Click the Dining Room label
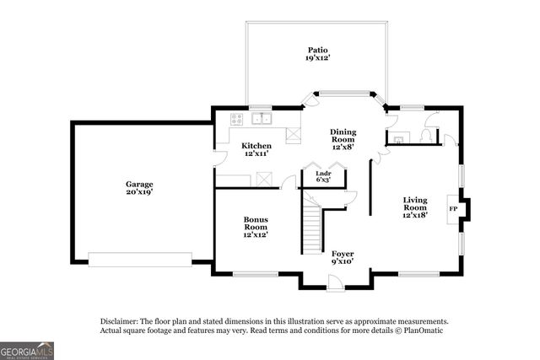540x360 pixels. point(342,136)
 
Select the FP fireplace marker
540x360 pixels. point(453,207)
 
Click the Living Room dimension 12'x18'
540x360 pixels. point(414,216)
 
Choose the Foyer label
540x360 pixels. point(342,253)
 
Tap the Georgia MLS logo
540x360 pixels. point(27,350)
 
